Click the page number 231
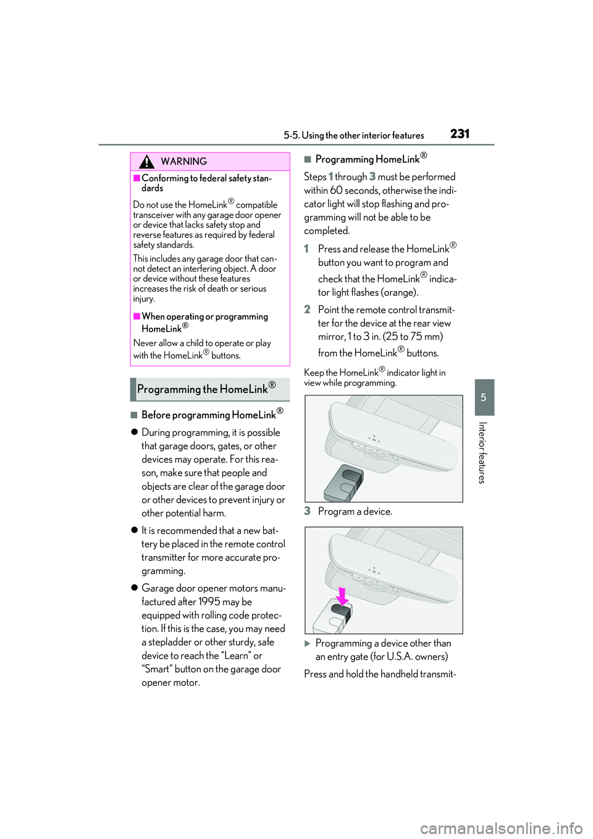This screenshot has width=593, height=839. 460,134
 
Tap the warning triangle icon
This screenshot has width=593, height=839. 146,162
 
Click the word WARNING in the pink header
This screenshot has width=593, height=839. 183,162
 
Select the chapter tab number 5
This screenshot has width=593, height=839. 484,397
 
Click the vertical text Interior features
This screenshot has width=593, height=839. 483,452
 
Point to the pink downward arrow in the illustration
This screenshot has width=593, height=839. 342,596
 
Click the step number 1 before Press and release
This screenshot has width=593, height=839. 306,249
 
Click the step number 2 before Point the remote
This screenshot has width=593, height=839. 307,310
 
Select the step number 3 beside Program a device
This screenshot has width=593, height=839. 307,511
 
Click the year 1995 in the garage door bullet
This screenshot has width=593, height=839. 209,602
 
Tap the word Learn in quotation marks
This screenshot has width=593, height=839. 236,656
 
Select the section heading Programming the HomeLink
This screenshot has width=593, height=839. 206,389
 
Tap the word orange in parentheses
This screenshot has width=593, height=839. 398,292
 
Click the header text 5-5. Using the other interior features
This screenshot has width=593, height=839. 354,136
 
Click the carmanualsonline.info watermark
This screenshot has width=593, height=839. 501,828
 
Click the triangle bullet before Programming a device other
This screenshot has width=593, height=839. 308,644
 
